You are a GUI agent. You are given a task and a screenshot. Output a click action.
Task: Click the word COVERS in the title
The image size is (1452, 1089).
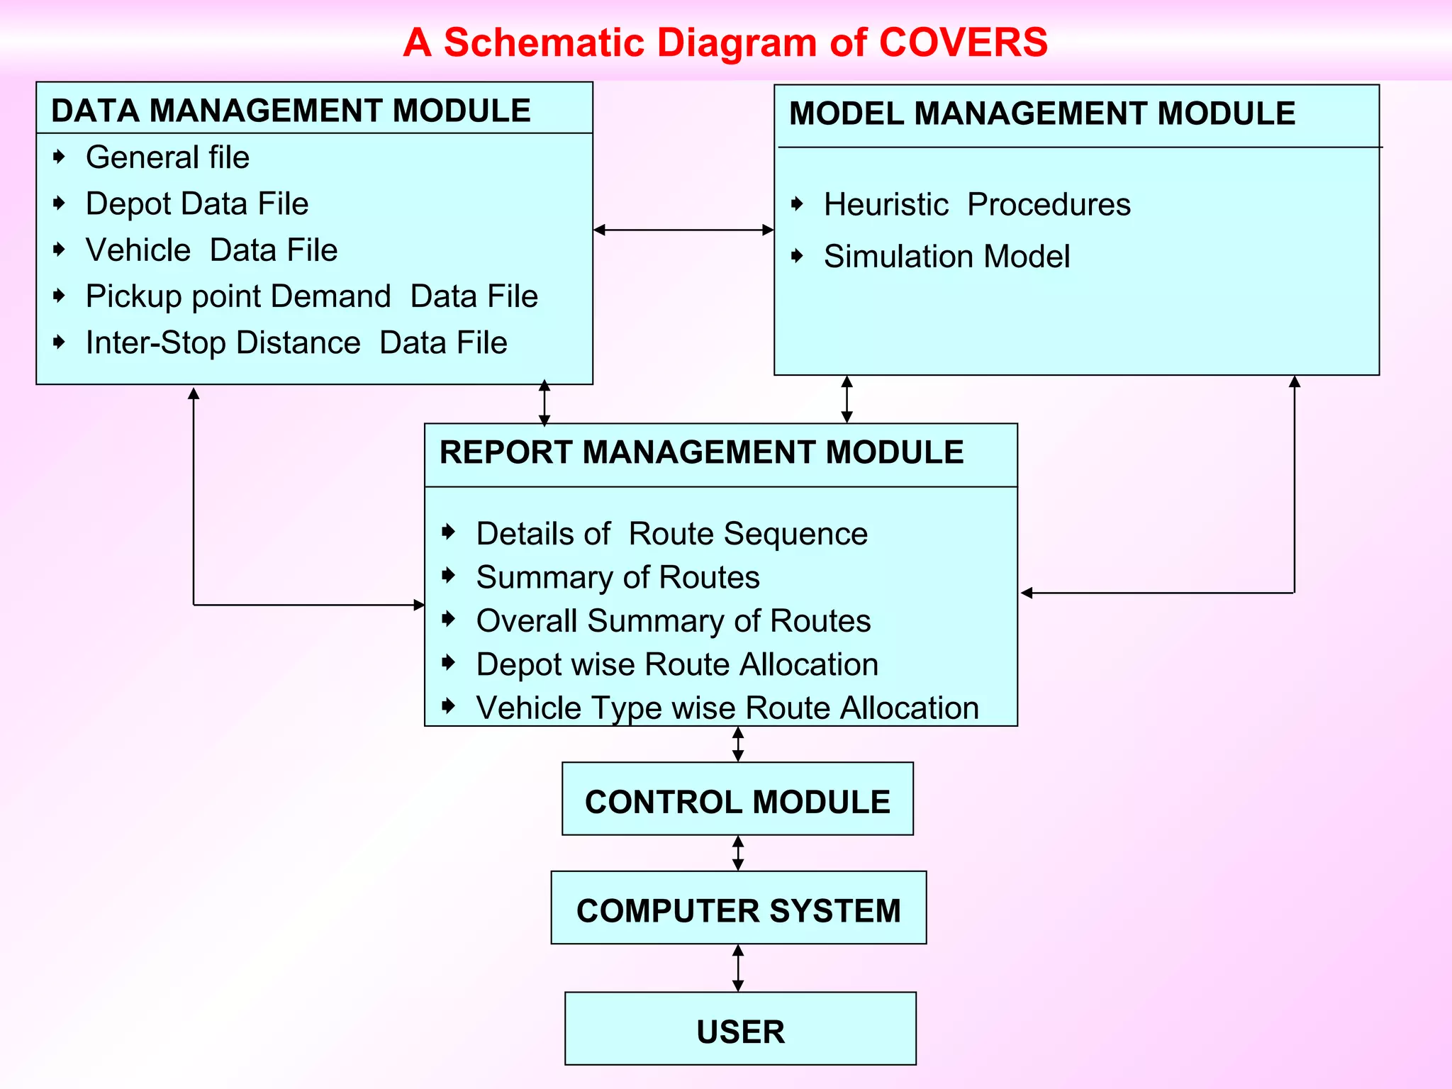963,43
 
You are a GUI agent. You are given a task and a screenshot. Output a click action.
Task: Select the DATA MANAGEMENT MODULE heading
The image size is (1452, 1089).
291,111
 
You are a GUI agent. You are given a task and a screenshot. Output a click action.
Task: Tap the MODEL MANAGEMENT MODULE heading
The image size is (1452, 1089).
1041,113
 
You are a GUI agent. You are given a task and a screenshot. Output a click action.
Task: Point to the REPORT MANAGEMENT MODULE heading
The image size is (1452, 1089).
701,452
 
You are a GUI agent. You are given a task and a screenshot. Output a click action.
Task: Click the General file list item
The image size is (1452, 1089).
167,157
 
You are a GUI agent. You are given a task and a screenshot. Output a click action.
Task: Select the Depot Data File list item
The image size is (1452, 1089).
197,204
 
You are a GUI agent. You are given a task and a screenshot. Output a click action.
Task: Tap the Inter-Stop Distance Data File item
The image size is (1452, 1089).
296,343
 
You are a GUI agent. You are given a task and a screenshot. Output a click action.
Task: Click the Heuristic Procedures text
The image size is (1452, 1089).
977,205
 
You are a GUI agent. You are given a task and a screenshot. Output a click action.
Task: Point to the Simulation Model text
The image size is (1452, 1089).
946,257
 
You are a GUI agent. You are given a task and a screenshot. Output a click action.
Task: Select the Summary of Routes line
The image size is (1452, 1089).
618,578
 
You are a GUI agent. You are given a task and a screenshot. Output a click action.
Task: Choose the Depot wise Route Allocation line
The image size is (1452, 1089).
677,665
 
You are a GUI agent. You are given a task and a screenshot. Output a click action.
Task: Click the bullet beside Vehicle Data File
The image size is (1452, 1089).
60,250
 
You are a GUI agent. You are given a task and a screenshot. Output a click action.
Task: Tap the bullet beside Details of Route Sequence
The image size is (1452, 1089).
448,532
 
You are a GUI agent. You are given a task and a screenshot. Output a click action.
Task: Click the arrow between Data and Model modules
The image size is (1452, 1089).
683,230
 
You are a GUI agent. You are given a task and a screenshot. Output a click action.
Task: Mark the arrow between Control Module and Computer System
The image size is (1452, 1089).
738,853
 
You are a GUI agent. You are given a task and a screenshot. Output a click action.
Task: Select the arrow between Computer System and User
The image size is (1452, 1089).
738,968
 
